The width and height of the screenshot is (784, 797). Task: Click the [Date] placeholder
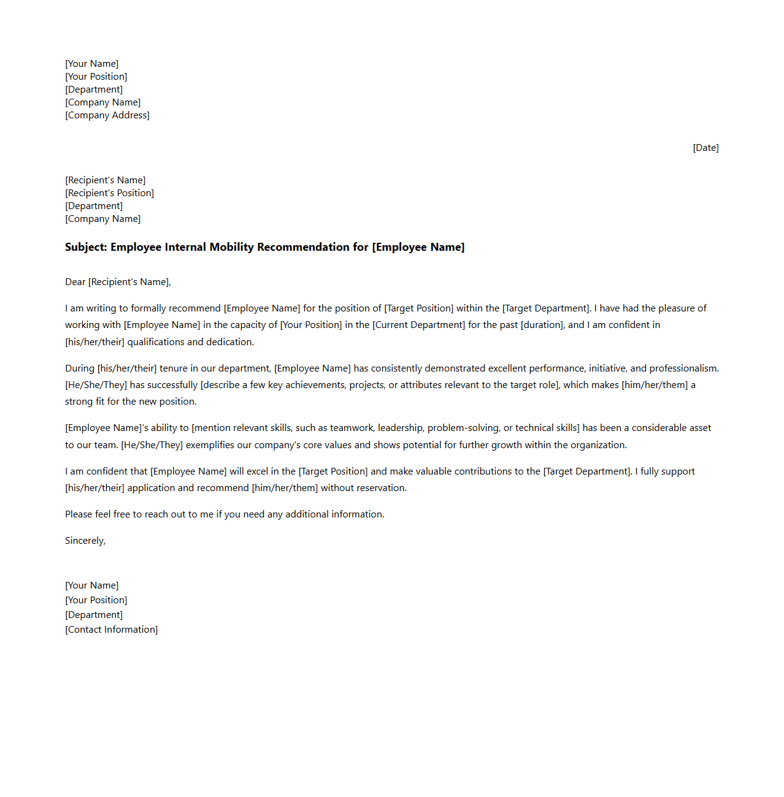click(705, 148)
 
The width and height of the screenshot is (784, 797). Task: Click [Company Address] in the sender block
click(107, 115)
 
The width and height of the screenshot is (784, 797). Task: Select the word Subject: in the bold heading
click(86, 247)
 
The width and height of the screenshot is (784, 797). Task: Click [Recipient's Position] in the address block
click(109, 193)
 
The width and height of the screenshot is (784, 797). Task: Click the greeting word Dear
click(75, 282)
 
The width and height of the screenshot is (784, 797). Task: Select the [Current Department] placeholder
click(418, 325)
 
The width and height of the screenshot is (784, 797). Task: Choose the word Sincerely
click(85, 541)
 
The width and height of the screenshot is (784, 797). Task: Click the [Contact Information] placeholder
click(111, 630)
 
